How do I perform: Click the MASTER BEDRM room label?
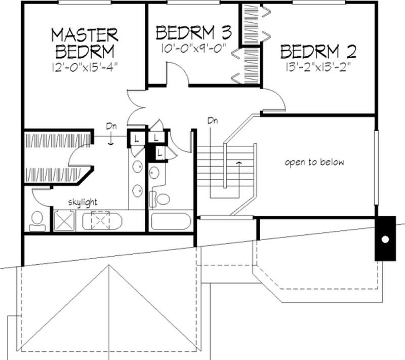tap(85, 43)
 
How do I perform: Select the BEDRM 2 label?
tap(318, 52)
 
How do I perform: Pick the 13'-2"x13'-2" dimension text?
tap(318, 66)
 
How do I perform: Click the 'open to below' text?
tap(314, 163)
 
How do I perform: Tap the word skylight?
tap(83, 202)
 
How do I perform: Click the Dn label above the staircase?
tap(212, 121)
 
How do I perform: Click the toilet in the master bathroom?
tap(36, 219)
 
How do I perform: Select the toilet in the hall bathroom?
tap(163, 198)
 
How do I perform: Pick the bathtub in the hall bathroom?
tap(171, 222)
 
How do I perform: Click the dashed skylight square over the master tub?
tap(101, 221)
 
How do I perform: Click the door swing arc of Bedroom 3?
tap(177, 77)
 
